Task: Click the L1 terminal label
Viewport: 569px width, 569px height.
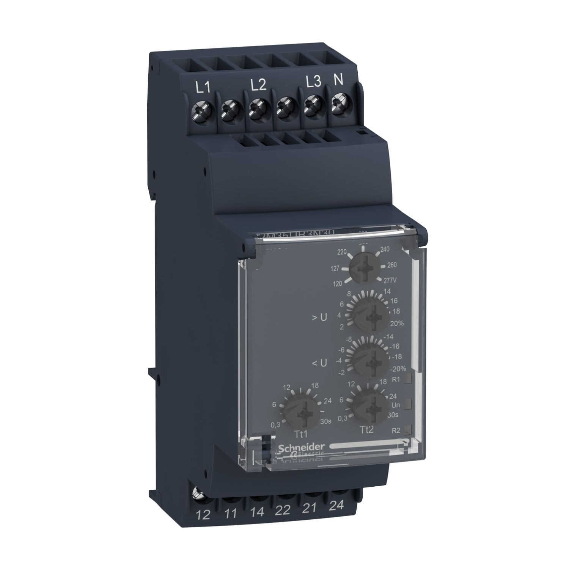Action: coord(202,88)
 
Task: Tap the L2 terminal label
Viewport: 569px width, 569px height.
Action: coord(259,85)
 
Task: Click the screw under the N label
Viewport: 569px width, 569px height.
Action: coord(338,102)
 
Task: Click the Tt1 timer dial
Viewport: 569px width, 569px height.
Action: coord(302,410)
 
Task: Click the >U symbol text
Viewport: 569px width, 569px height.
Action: coord(319,318)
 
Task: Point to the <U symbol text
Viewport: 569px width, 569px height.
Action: coord(319,363)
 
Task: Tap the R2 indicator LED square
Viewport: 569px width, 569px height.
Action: coord(408,429)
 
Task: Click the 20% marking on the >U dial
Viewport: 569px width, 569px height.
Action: coord(397,323)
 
